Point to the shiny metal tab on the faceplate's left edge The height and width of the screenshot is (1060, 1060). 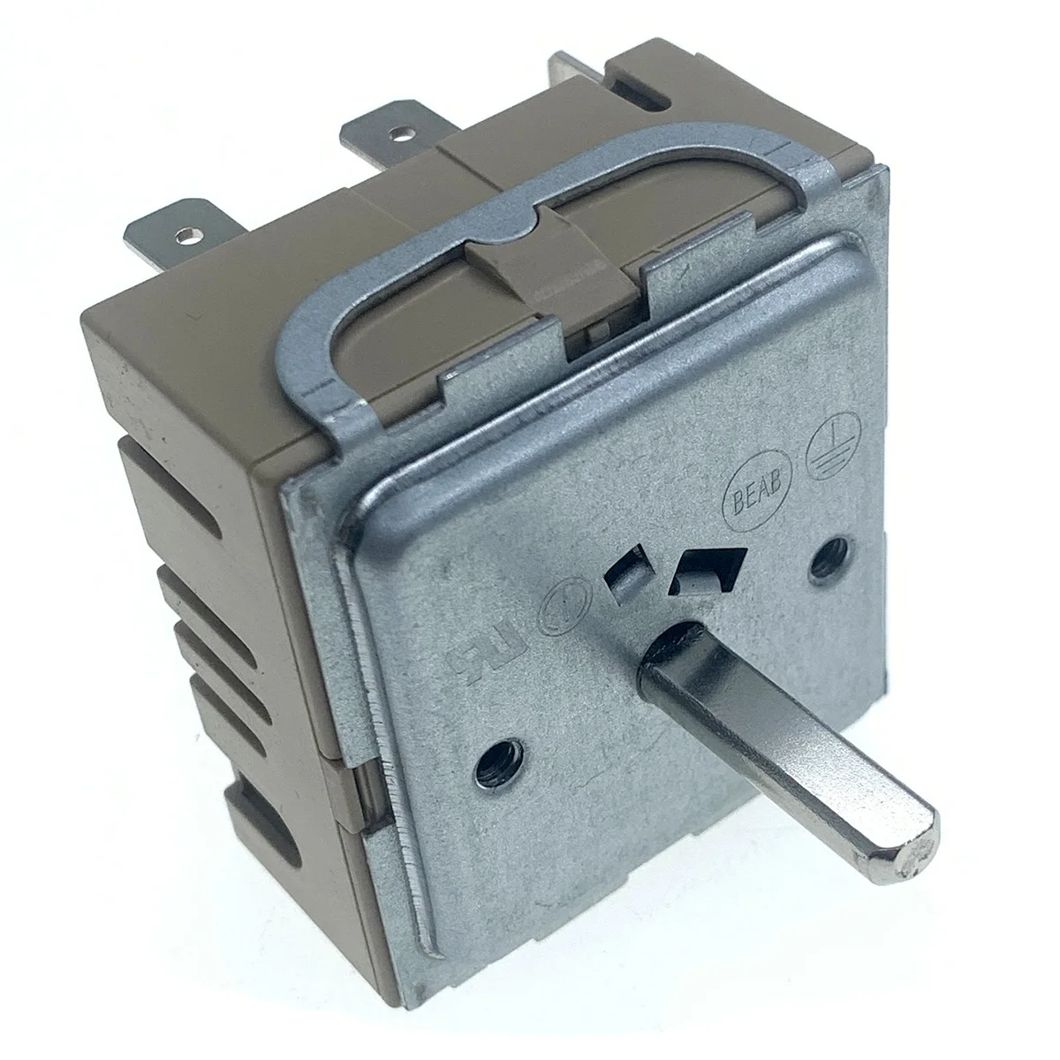[360, 777]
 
